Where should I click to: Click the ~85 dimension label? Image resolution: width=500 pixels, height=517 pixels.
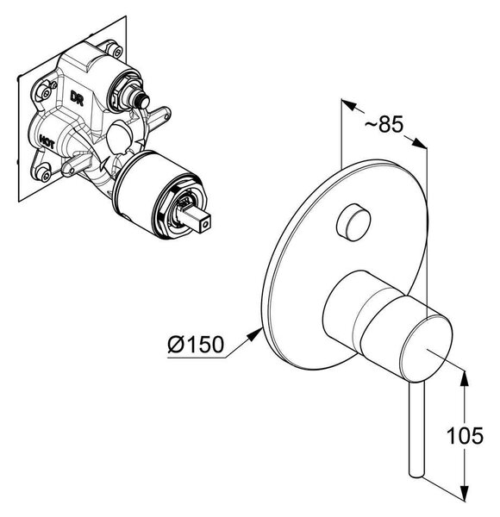coord(384,125)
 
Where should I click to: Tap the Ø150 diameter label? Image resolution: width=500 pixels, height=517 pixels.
coord(196,344)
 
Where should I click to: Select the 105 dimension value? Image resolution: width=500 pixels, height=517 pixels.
coord(465,435)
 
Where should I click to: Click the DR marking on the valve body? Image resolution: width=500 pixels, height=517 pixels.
coord(77,98)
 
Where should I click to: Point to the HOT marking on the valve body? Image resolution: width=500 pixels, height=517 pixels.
coord(47,140)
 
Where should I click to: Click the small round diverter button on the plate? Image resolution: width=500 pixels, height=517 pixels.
coord(353,222)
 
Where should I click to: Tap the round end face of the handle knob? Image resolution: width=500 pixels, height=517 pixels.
coord(426,346)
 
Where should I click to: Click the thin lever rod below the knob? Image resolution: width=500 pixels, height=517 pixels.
coord(416,430)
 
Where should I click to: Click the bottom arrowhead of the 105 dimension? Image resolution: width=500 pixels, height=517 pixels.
coord(464,493)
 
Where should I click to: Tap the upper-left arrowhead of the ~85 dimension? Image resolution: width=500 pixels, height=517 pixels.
coord(349,105)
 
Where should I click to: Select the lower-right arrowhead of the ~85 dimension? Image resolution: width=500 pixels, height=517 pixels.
coord(419,143)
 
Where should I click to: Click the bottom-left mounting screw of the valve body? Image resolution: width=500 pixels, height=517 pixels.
coord(44,174)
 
